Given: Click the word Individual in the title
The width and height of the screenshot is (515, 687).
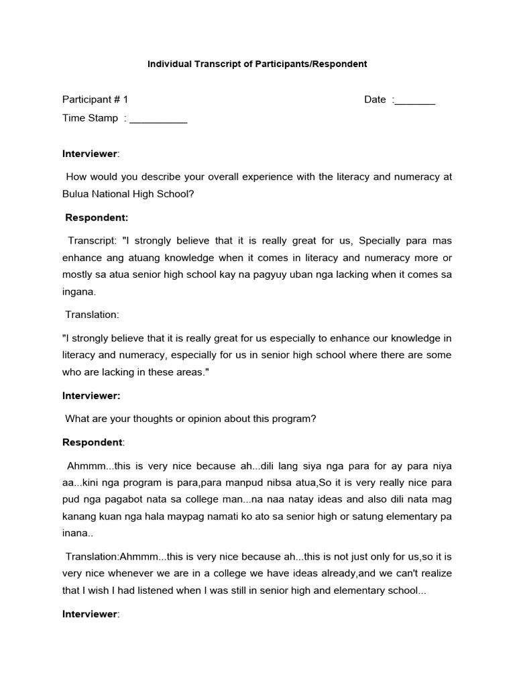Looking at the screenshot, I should (x=167, y=64).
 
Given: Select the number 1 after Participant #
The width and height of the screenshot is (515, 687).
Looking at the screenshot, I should (x=125, y=100).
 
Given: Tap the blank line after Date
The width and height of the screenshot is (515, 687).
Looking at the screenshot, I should (x=415, y=101).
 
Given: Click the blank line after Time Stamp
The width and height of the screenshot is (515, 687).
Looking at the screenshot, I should (x=158, y=119).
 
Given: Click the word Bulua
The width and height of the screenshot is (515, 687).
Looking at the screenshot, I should (x=76, y=195).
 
